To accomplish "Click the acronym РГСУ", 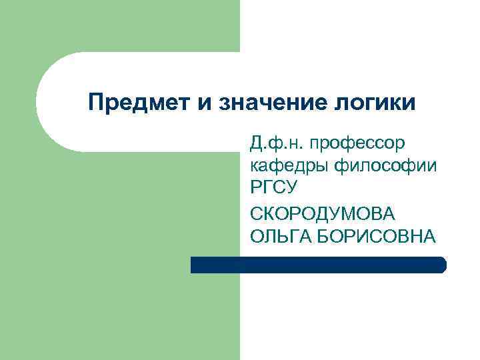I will [273, 189].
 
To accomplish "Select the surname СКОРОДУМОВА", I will [323, 213].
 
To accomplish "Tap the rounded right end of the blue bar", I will [441, 265].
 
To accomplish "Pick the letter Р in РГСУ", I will [256, 189].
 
